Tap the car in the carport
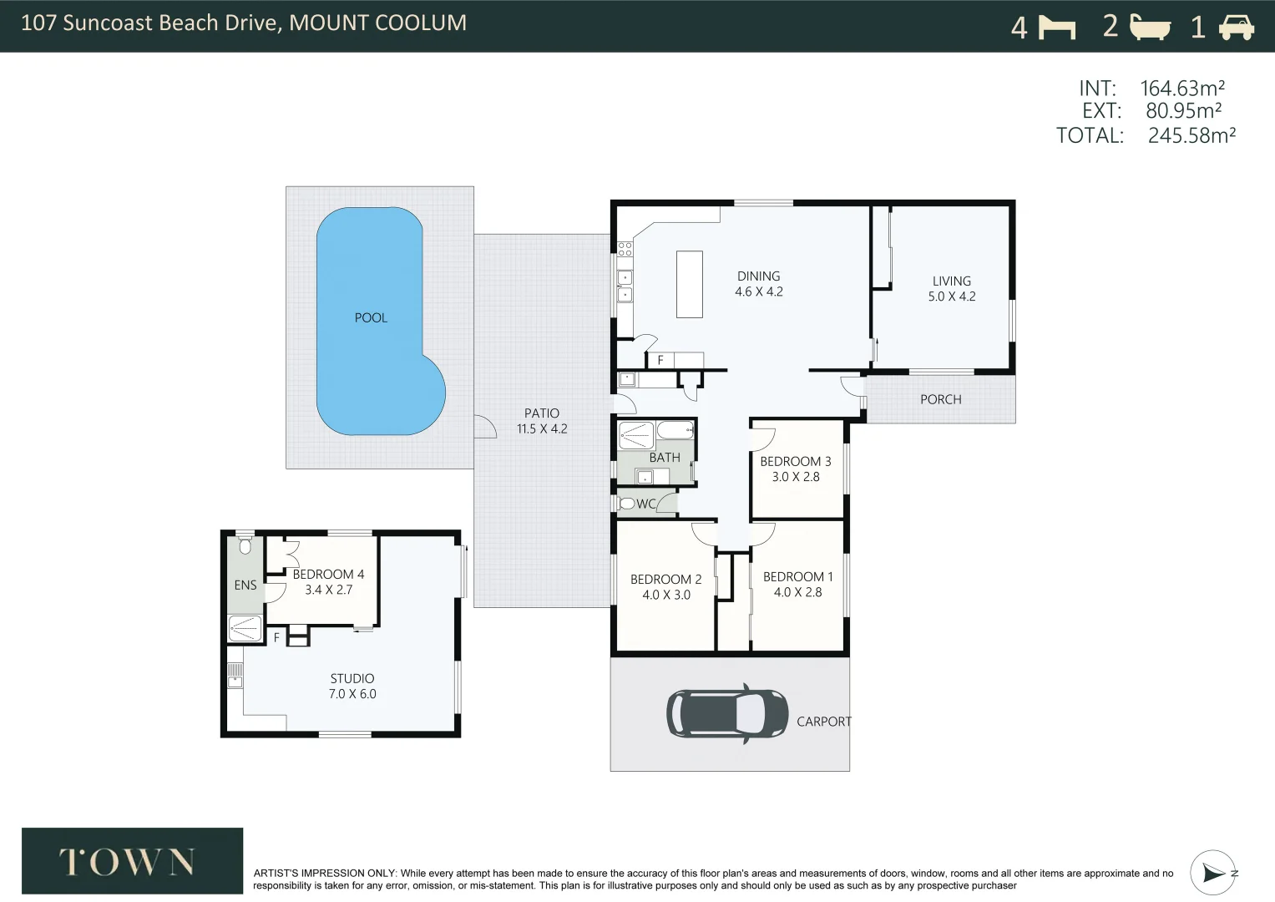[x=727, y=713]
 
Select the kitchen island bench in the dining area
[x=690, y=284]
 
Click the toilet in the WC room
[x=626, y=504]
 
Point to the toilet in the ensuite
[x=245, y=546]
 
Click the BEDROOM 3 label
[x=795, y=461]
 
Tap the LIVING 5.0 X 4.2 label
[x=952, y=289]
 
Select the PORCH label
[x=940, y=400]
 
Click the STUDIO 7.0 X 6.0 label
[x=352, y=687]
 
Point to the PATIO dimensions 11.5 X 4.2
[x=542, y=428]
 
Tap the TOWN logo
[x=132, y=860]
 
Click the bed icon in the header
[x=1057, y=27]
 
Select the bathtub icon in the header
[x=1150, y=27]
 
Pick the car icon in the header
[x=1237, y=27]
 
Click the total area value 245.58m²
[x=1192, y=135]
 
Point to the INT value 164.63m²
[x=1182, y=89]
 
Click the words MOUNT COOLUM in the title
[x=377, y=23]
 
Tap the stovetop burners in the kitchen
[x=625, y=249]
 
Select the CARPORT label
[x=823, y=722]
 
